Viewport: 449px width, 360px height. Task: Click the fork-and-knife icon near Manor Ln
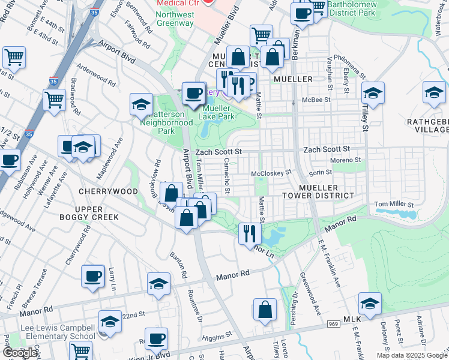250,233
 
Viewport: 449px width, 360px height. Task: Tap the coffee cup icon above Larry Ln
93,277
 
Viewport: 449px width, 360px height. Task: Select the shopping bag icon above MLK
265,310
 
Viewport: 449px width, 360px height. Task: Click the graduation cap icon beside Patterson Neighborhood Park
141,104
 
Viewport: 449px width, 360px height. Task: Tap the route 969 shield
334,324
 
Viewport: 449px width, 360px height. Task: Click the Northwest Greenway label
175,19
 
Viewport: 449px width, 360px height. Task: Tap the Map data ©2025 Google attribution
411,355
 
